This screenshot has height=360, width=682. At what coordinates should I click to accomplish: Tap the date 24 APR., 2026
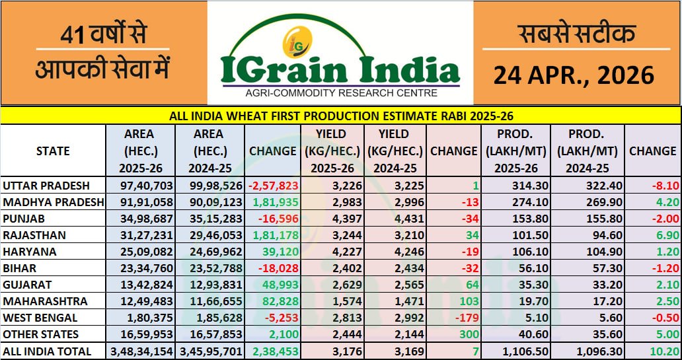pyautogui.click(x=574, y=75)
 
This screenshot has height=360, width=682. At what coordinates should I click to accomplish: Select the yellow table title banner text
pyautogui.click(x=341, y=116)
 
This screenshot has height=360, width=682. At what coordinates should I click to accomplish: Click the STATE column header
pyautogui.click(x=53, y=151)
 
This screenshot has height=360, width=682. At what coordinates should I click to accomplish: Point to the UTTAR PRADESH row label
pyautogui.click(x=46, y=186)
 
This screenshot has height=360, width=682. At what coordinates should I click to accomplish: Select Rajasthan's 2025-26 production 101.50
pyautogui.click(x=513, y=235)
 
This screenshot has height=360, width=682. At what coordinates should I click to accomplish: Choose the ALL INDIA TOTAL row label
pyautogui.click(x=48, y=351)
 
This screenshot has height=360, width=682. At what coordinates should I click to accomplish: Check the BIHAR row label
pyautogui.click(x=20, y=268)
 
